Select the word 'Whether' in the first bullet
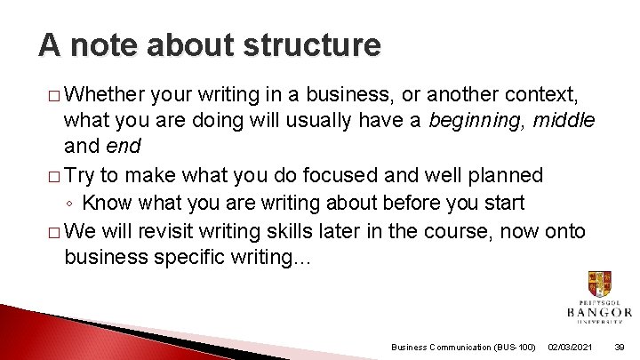click(x=105, y=94)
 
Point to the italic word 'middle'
click(x=564, y=119)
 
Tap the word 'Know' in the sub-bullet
click(x=115, y=203)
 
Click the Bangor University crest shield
click(x=599, y=285)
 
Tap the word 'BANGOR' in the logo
click(x=599, y=312)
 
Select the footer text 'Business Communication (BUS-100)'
click(x=463, y=346)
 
